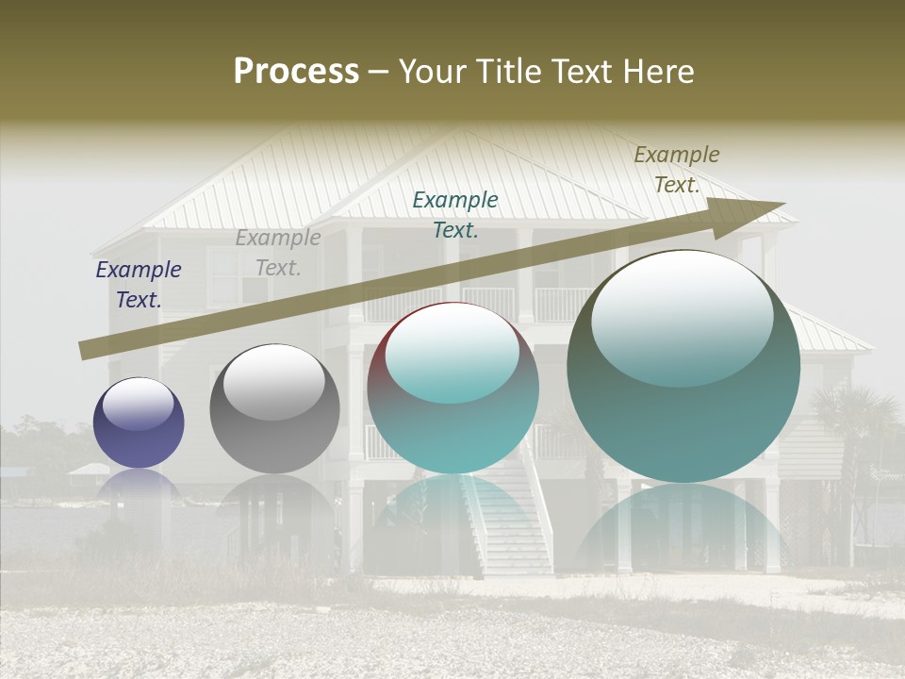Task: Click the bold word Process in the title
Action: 296,72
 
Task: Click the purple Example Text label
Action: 139,284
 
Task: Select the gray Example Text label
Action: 278,252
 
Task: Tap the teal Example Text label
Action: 455,214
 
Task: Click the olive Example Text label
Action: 676,169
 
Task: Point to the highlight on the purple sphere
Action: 139,404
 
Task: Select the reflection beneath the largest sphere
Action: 683,528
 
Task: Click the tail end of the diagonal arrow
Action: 85,350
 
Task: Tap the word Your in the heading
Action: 436,72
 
